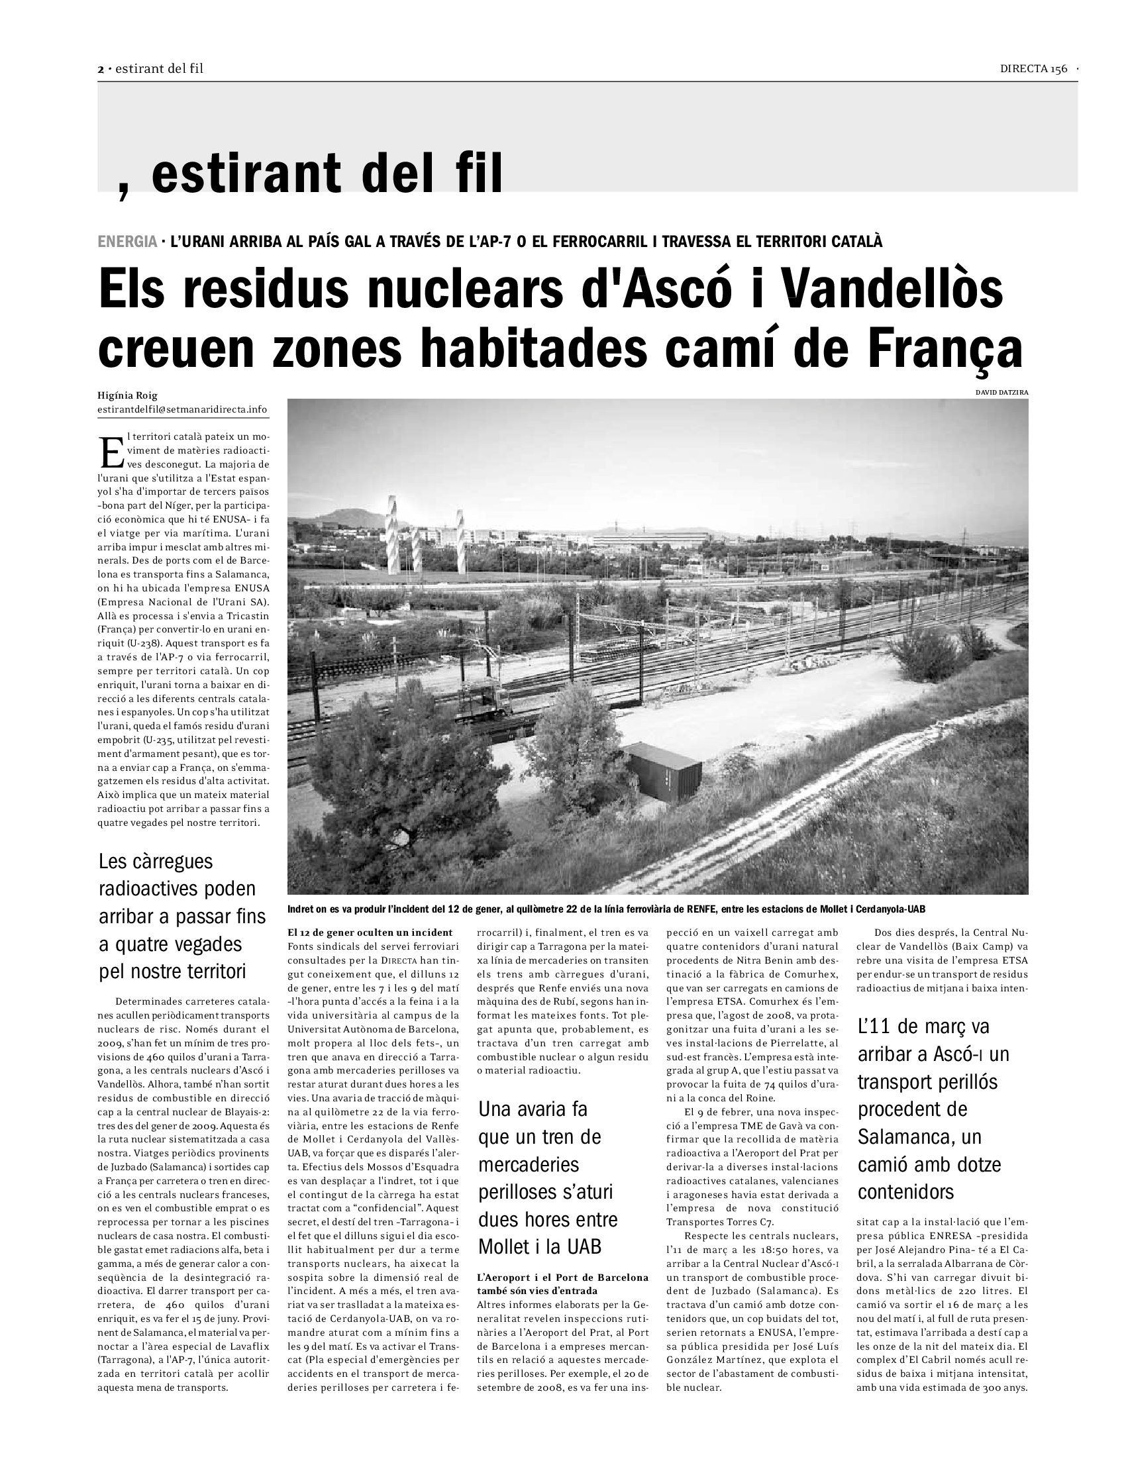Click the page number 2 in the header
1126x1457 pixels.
(x=101, y=70)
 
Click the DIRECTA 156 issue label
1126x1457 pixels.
(x=1033, y=69)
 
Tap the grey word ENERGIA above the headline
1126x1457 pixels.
(x=127, y=242)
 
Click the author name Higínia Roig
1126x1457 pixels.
(x=127, y=395)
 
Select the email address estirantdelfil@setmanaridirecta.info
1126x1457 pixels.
(x=182, y=409)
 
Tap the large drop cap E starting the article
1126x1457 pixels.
(x=111, y=452)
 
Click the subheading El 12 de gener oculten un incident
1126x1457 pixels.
(x=370, y=932)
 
